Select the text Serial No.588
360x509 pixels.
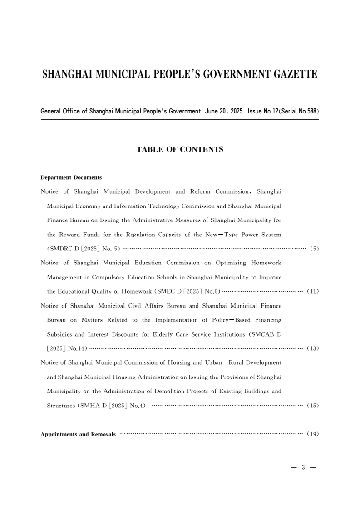296,111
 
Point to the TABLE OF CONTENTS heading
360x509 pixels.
180,149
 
